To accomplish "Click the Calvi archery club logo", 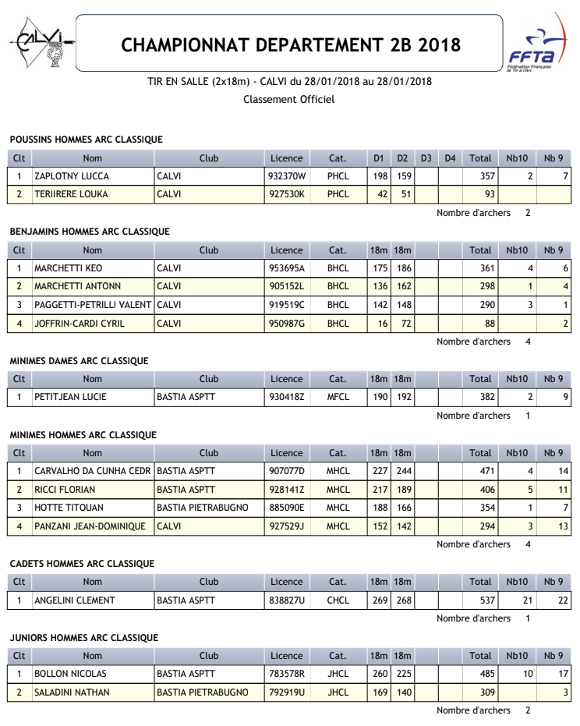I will point(42,44).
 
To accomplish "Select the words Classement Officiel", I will point(288,99).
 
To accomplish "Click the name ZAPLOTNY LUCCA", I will point(72,176).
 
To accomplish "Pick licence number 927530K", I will point(286,194).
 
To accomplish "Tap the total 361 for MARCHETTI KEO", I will point(486,268).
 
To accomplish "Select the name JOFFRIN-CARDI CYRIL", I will point(80,323).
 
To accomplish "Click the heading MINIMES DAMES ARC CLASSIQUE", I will point(79,361).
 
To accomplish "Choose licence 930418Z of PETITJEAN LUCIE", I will point(286,397).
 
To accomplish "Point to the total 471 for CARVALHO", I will point(486,471).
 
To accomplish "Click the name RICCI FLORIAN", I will point(65,490).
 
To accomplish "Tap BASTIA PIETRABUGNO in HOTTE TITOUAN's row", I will point(203,508).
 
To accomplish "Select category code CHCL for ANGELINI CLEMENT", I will point(338,600).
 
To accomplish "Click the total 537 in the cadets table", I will point(486,600).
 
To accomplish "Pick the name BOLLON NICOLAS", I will point(70,674).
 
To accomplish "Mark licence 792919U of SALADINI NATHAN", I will point(286,692).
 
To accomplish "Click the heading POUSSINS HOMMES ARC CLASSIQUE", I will point(86,140).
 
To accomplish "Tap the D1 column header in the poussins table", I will point(378,158).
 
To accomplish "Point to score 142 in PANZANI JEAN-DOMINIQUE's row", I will point(402,526).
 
